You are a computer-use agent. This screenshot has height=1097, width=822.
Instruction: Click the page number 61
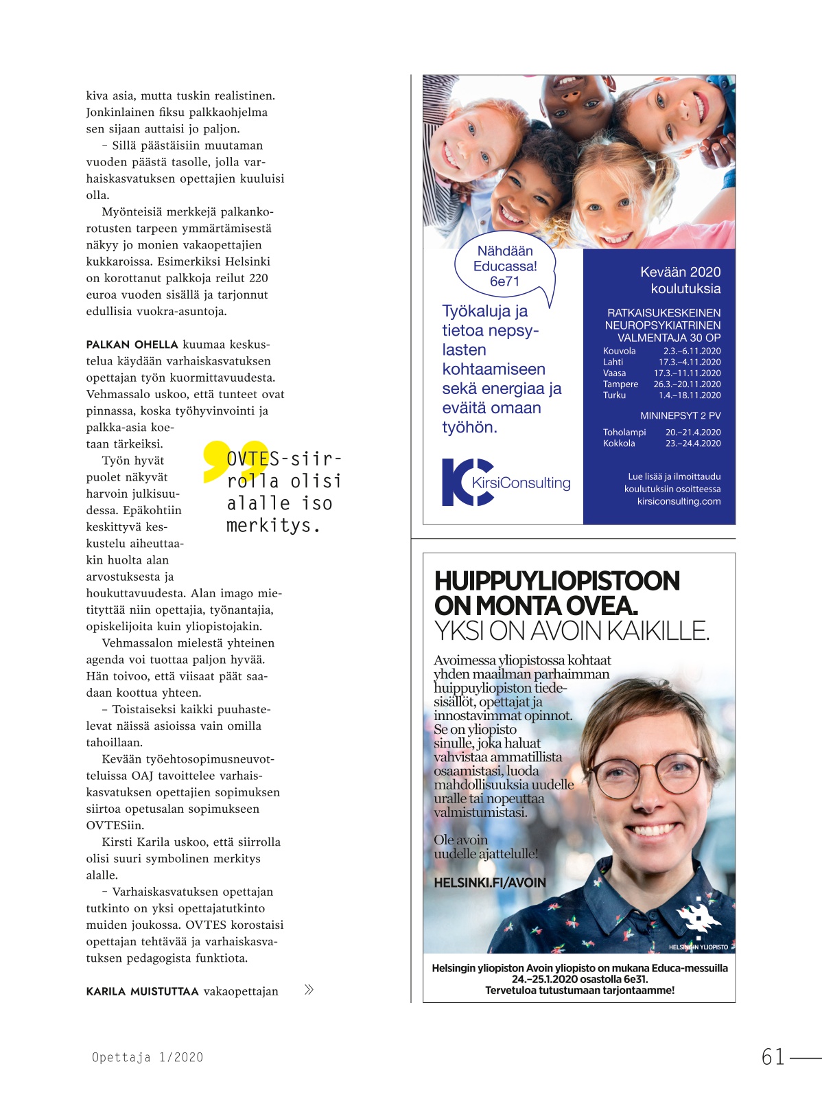773,1056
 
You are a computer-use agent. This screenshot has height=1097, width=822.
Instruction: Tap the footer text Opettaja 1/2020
148,1057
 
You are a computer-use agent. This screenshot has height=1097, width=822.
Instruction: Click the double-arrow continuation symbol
309,989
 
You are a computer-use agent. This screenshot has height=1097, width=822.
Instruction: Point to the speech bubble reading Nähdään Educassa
505,267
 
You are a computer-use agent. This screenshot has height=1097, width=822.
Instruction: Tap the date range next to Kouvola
692,351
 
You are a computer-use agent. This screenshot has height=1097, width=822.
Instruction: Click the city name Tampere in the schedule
620,384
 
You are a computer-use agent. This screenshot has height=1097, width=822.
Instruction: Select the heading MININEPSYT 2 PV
680,415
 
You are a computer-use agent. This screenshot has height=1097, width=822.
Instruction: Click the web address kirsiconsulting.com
679,501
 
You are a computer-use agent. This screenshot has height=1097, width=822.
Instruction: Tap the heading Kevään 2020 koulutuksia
680,280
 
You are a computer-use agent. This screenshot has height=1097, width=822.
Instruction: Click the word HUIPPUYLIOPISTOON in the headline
556,581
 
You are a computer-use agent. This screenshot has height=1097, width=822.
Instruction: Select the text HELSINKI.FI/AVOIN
490,883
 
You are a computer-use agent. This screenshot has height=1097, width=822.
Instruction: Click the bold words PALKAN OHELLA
132,345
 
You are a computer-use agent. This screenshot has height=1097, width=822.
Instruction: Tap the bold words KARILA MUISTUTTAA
142,991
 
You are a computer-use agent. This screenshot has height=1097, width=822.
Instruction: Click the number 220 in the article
259,278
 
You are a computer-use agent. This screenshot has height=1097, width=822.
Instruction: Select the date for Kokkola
693,443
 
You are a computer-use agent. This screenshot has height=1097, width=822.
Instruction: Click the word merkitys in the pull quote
273,526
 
